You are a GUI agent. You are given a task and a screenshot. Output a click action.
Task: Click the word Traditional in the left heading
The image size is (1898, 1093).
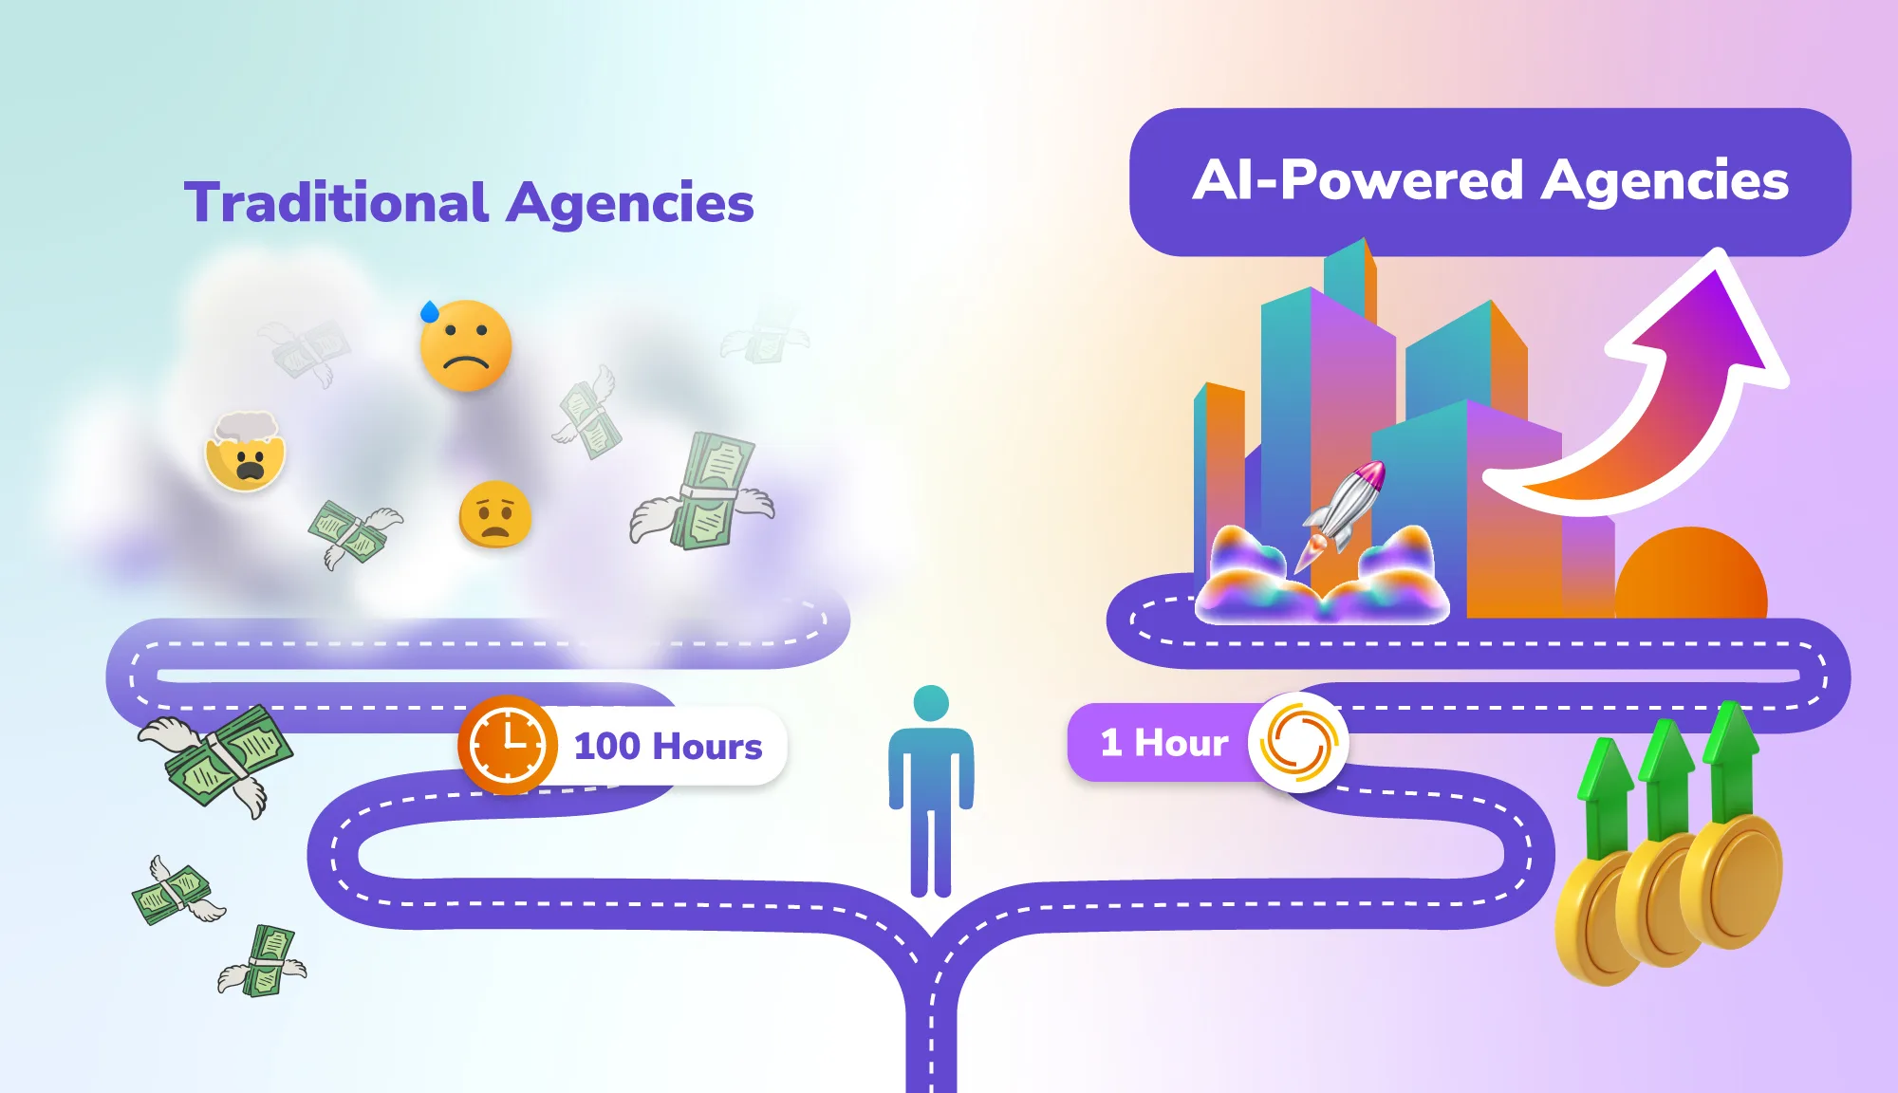[x=337, y=202]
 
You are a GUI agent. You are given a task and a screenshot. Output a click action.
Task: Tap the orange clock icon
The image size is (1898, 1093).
[x=508, y=745]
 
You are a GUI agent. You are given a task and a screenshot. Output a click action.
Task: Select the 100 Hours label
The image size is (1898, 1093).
[x=668, y=747]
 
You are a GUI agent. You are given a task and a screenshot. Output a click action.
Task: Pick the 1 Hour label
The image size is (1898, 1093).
[x=1164, y=743]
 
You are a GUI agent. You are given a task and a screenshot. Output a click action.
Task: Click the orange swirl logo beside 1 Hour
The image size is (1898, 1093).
[x=1298, y=743]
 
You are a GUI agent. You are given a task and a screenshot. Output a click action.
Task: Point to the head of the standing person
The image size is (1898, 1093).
[x=931, y=703]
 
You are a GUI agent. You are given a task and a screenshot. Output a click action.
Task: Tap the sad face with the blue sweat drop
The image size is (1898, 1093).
[x=465, y=345]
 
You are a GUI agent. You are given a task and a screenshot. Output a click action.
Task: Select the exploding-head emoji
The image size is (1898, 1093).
[x=246, y=452]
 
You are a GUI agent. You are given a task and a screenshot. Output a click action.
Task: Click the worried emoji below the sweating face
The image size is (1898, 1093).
[x=495, y=514]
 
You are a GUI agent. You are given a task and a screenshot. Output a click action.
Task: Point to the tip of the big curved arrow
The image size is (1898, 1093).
[x=1721, y=251]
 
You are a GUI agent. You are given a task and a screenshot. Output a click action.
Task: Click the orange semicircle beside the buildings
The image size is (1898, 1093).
[x=1691, y=573]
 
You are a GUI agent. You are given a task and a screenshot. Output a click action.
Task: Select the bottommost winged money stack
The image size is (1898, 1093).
[x=263, y=962]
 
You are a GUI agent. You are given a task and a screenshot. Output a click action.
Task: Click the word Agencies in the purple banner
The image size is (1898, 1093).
[x=1665, y=181]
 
